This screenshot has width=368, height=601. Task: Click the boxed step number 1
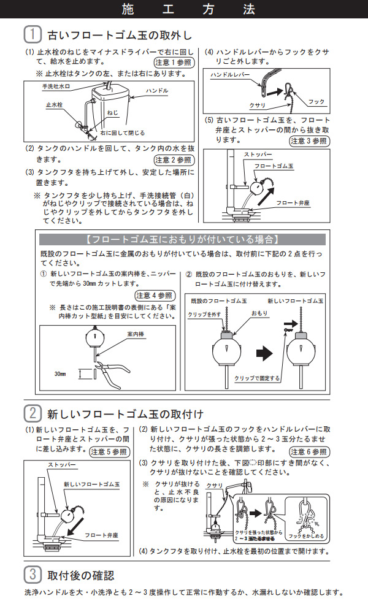point(33,33)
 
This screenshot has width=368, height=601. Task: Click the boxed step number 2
point(33,413)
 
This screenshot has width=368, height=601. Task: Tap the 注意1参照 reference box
point(174,63)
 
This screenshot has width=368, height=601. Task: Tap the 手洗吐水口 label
point(57,86)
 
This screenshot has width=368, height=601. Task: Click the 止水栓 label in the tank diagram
point(53,105)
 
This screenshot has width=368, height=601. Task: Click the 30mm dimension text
point(60,373)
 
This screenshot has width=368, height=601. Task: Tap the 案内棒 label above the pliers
point(136,334)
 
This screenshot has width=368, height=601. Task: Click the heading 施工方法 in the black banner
point(184,9)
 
